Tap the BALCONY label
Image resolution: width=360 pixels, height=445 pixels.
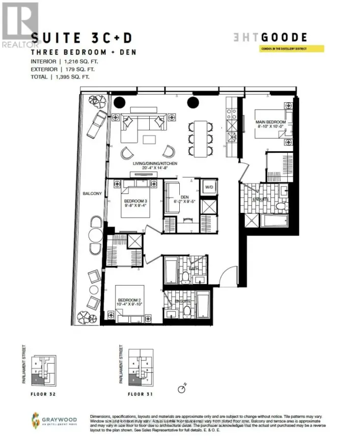pyautogui.click(x=93, y=193)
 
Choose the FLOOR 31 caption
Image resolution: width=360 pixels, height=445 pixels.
pyautogui.click(x=140, y=393)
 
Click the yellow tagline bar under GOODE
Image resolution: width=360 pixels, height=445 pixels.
pyautogui.click(x=275, y=49)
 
